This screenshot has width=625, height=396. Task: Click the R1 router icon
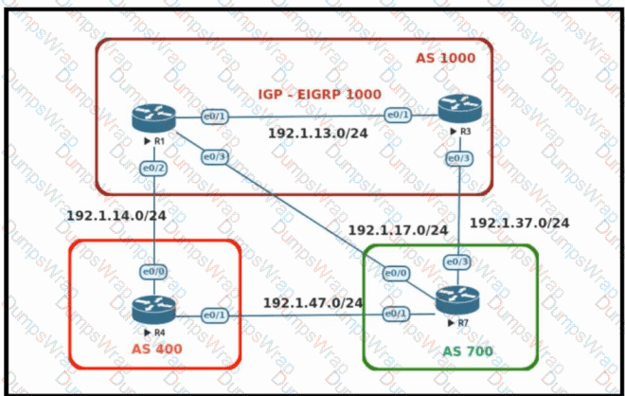point(153,117)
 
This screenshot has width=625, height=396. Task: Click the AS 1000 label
point(445,59)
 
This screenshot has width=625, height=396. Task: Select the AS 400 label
point(156,349)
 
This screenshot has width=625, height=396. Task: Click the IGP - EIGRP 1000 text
point(319,94)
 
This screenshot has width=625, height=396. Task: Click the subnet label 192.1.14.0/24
point(116,215)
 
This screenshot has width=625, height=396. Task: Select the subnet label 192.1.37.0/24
point(520,223)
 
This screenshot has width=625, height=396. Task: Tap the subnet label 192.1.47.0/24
point(313,302)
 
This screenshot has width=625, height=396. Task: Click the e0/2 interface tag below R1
point(153,168)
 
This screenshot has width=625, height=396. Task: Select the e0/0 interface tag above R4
point(153,272)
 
